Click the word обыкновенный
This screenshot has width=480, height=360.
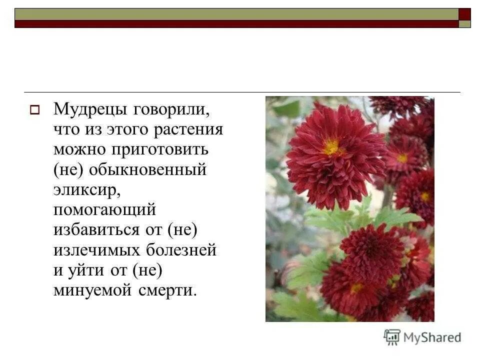click(x=148, y=170)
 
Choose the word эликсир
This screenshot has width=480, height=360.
click(x=84, y=190)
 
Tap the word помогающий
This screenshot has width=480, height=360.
click(x=105, y=210)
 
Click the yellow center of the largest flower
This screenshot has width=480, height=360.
click(x=331, y=147)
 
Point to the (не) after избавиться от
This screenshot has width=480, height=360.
click(x=182, y=230)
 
